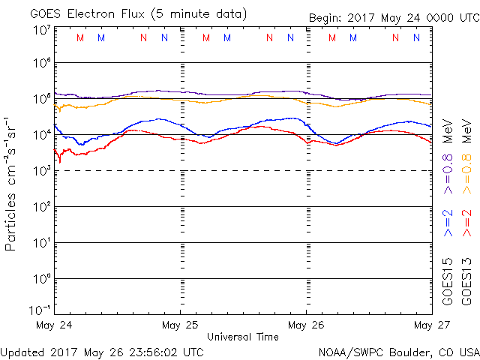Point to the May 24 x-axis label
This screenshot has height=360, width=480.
pyautogui.click(x=54, y=325)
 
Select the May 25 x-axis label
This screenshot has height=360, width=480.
pyautogui.click(x=180, y=325)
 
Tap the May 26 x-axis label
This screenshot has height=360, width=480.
pyautogui.click(x=306, y=325)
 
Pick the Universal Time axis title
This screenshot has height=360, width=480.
pyautogui.click(x=243, y=337)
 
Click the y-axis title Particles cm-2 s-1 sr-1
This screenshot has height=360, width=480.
pyautogui.click(x=11, y=183)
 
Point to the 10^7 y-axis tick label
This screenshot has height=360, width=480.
pyautogui.click(x=41, y=31)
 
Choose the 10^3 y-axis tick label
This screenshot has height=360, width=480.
pyautogui.click(x=41, y=171)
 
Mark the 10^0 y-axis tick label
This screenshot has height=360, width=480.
pyautogui.click(x=41, y=279)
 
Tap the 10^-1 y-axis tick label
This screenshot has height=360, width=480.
pyautogui.click(x=40, y=310)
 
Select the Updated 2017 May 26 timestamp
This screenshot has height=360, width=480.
pyautogui.click(x=102, y=351)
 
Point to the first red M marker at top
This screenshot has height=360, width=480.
pyautogui.click(x=81, y=37)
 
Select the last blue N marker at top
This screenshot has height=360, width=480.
pyautogui.click(x=416, y=37)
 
